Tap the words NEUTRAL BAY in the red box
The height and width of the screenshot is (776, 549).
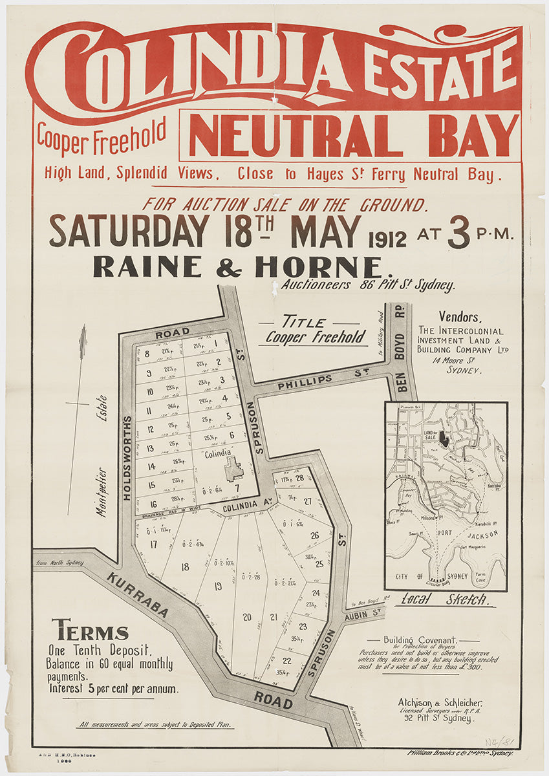(x=352, y=136)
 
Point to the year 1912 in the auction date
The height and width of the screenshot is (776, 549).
(x=387, y=239)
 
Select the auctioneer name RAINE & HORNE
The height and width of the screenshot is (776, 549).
(x=238, y=266)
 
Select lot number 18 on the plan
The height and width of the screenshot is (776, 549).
(x=185, y=567)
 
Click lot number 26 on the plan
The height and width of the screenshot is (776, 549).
(x=315, y=535)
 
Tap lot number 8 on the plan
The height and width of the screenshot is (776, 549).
(x=147, y=353)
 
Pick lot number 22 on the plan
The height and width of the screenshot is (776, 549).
(x=286, y=660)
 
